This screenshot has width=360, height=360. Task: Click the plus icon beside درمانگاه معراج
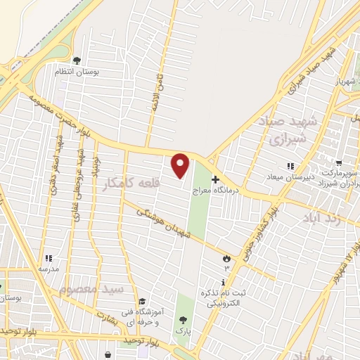[215, 179]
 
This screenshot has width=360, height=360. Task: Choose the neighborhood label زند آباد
[321, 219]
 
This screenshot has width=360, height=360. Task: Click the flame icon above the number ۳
[226, 258]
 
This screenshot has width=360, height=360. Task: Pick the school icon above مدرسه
[49, 259]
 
